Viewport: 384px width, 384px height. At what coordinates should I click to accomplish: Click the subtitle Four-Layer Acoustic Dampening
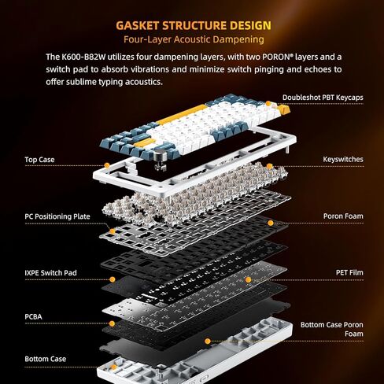coord(191,39)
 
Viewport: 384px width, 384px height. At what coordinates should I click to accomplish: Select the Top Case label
coord(39,160)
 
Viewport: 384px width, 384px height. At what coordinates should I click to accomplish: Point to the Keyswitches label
coord(343,159)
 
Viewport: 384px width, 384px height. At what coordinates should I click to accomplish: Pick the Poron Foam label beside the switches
coord(342,216)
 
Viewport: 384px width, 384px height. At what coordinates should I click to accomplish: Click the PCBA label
coord(35,319)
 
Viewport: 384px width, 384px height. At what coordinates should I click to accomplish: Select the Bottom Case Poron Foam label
coord(331,328)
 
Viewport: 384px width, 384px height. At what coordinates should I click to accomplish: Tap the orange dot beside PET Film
coord(249,279)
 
